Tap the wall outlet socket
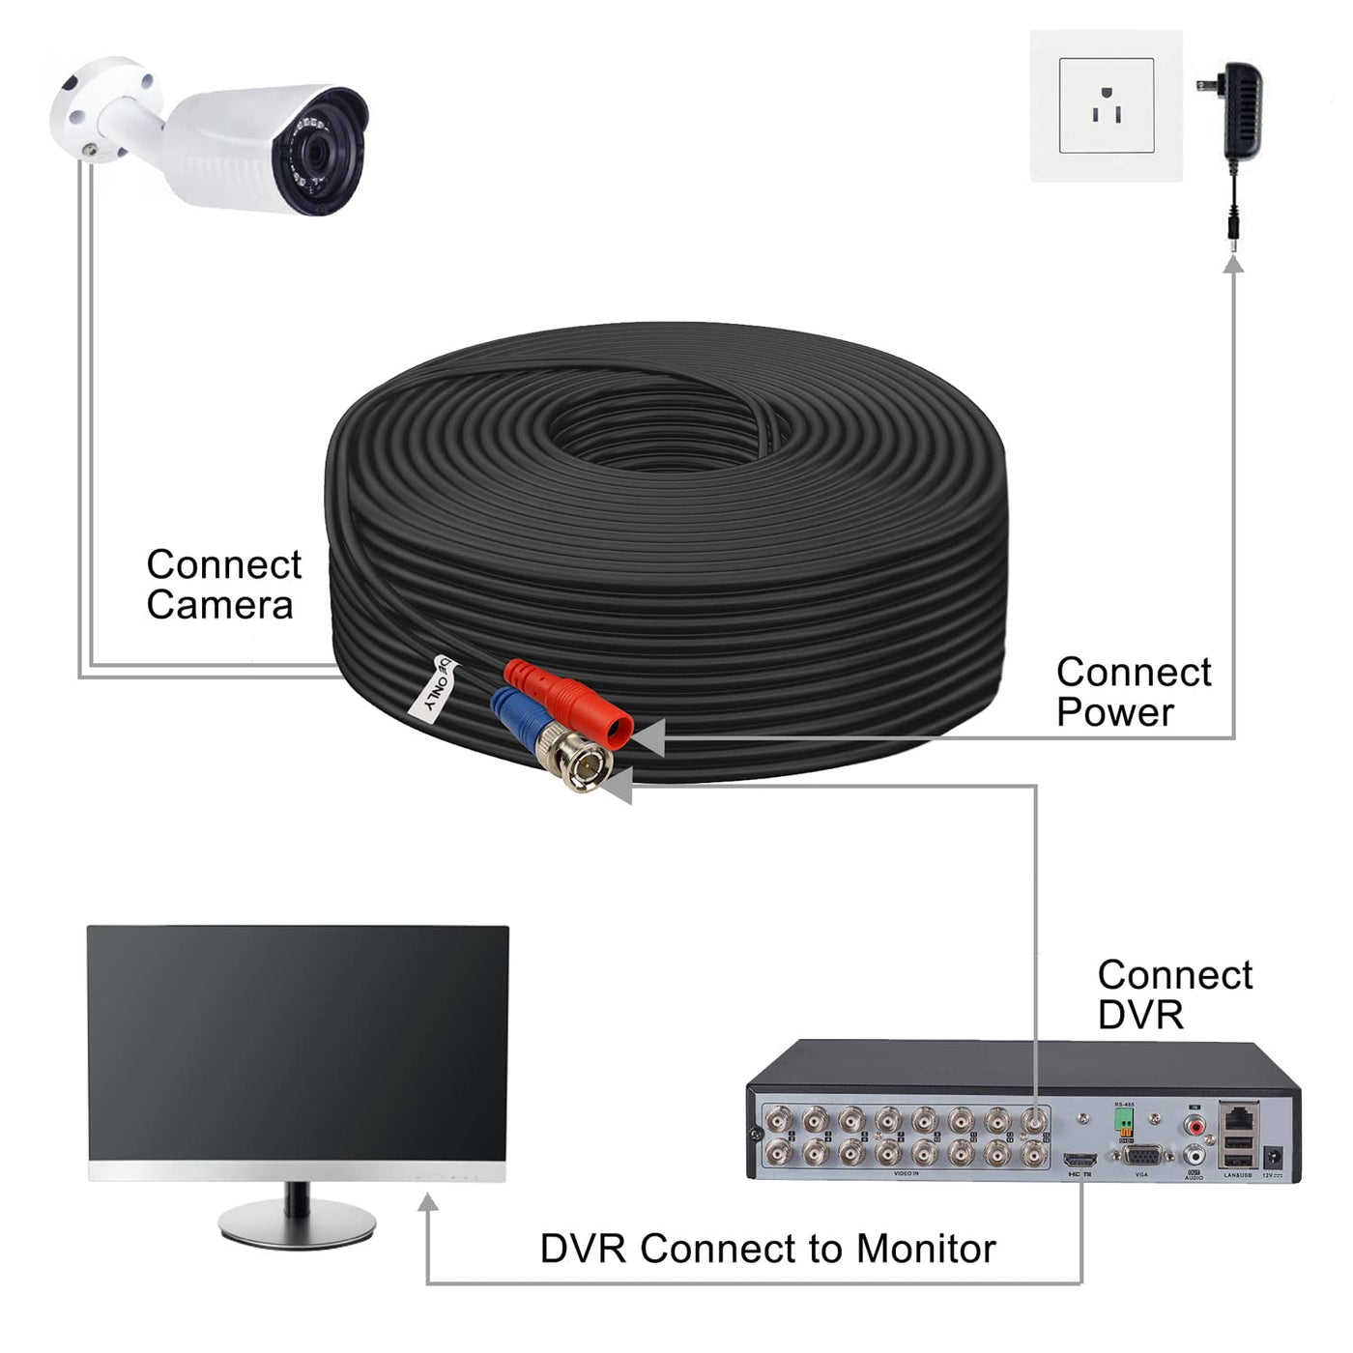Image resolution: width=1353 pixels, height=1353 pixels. (1106, 106)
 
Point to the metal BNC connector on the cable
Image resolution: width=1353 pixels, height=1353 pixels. (580, 763)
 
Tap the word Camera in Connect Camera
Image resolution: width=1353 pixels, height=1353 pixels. (219, 606)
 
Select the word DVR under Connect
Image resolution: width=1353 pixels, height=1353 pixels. (1140, 1015)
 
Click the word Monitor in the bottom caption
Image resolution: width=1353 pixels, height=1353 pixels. (925, 1249)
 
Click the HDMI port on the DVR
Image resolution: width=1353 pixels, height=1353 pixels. (1080, 1160)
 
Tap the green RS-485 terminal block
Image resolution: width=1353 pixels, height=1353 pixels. (1124, 1120)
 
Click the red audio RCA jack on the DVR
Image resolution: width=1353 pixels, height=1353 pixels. (1196, 1125)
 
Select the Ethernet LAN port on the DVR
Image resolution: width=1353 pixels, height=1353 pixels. (1239, 1118)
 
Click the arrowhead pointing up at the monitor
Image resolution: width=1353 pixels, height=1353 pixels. (428, 1202)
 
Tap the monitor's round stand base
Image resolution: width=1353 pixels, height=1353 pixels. (297, 1223)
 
